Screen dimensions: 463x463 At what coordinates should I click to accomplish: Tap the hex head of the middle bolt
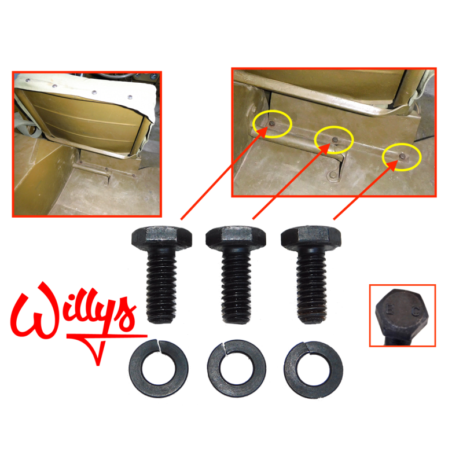pos(236,237)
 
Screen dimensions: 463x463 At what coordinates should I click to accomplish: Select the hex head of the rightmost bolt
pos(311,237)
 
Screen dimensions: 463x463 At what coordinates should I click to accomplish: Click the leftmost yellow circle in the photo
pos(271,124)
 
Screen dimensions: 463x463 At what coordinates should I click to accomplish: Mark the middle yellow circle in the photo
pos(334,139)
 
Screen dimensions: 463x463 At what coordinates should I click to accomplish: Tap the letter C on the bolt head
pos(414,310)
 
